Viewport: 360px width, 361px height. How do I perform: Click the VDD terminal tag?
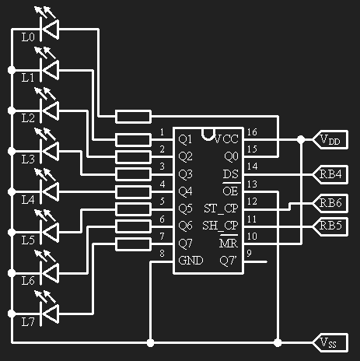point(330,139)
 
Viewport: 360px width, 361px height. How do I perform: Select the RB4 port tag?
point(330,174)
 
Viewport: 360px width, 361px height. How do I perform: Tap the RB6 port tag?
point(330,203)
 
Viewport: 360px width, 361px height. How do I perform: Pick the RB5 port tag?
point(330,226)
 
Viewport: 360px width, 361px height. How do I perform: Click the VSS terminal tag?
point(330,343)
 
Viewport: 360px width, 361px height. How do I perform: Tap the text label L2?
point(28,118)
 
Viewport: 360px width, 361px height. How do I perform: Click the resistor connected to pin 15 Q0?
point(133,116)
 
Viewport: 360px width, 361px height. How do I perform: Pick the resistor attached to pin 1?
point(133,140)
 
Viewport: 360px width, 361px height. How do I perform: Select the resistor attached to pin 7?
point(133,244)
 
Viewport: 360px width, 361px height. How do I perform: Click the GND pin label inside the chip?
point(190,261)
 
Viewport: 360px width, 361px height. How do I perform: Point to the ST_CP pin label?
point(221,209)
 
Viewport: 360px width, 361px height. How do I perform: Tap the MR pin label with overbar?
point(229,242)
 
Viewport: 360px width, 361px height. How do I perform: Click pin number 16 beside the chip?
point(252,132)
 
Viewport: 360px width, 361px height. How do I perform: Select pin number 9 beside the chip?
point(249,253)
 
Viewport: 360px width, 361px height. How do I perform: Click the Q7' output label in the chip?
point(229,261)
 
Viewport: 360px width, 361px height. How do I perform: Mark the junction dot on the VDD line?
point(301,139)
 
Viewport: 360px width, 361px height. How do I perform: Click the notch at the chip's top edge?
point(208,135)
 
